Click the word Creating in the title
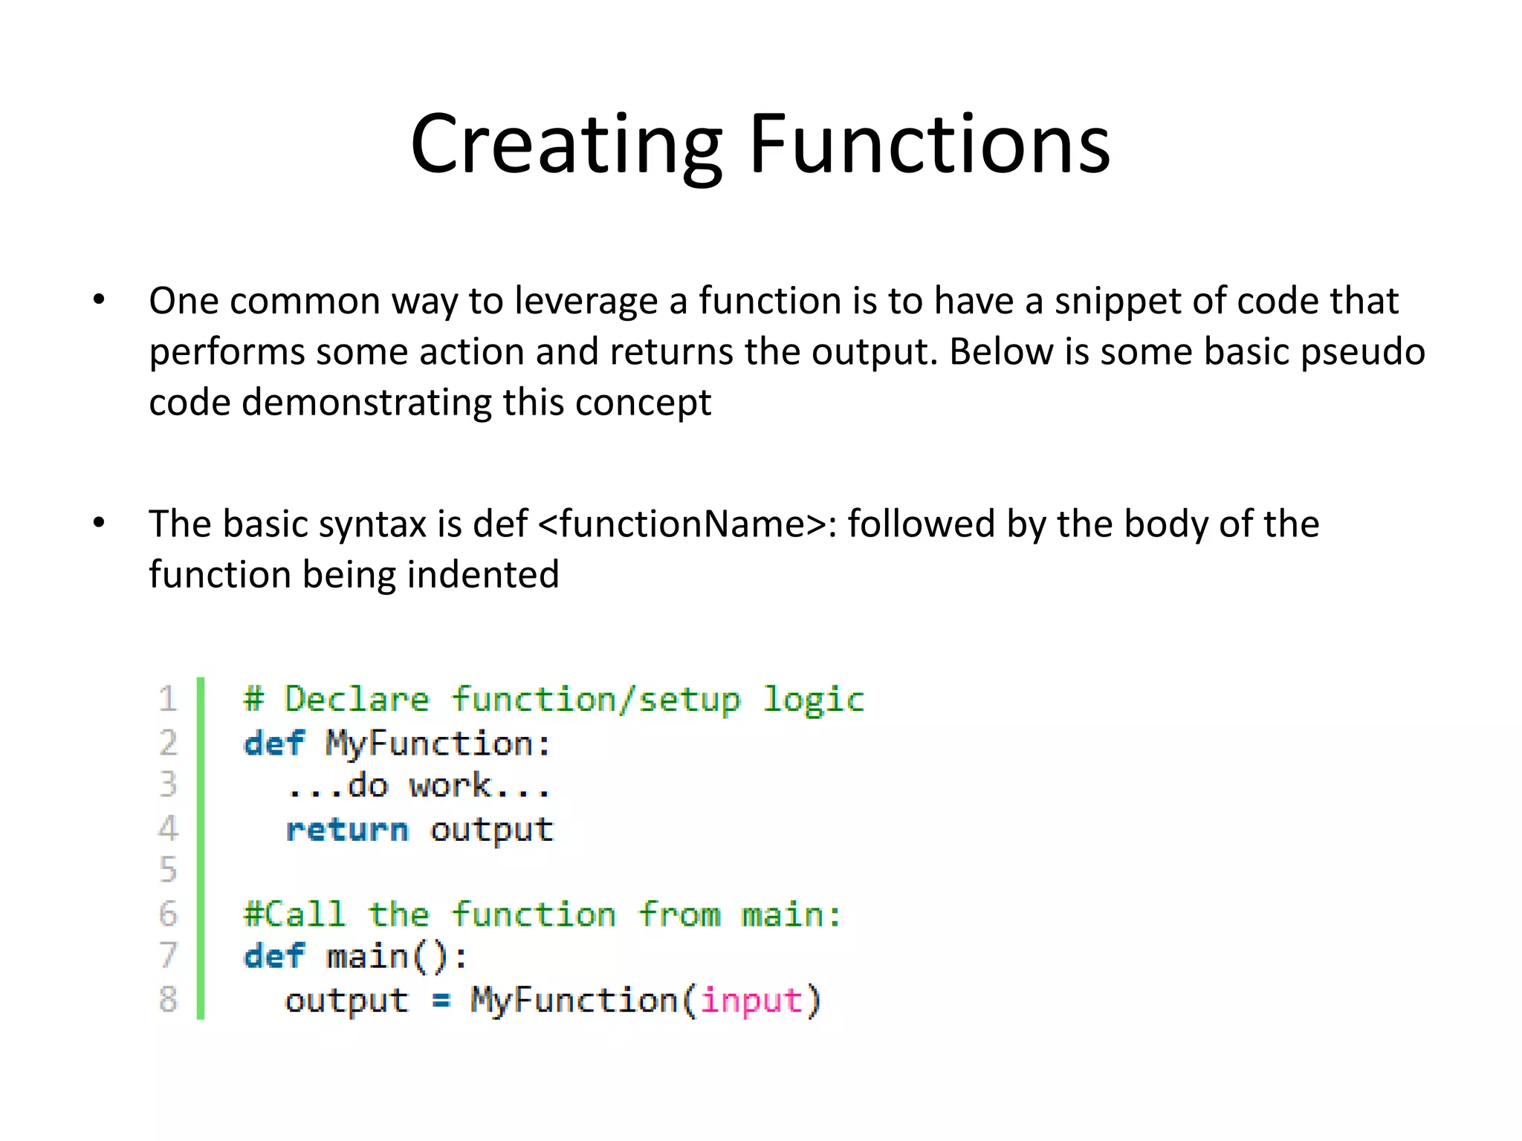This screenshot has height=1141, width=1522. [566, 145]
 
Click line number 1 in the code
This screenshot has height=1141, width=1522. [168, 699]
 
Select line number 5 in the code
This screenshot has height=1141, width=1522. [168, 870]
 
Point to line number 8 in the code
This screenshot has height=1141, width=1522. [168, 999]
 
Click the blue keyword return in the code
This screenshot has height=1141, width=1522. [347, 830]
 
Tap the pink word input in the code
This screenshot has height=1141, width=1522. [751, 1001]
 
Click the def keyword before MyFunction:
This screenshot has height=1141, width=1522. [274, 743]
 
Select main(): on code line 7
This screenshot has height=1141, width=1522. [398, 957]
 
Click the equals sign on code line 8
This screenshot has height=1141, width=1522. [441, 1001]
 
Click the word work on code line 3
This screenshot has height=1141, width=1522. [450, 786]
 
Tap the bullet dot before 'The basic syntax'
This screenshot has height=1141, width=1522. [99, 523]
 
